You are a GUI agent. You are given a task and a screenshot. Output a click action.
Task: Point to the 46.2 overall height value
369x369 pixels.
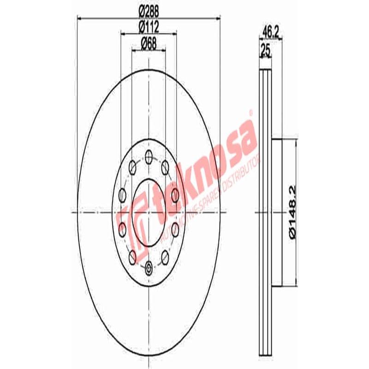click(271, 32)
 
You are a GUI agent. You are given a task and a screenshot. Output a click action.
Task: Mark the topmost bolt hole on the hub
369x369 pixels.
click(148, 157)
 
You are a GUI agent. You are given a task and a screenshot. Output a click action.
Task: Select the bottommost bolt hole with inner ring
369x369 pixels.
click(148, 267)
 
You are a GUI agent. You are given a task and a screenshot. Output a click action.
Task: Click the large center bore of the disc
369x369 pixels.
click(148, 212)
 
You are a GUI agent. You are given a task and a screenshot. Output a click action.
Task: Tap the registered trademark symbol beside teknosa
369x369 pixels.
click(251, 112)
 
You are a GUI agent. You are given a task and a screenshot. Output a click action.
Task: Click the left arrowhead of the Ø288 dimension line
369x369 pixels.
click(79, 18)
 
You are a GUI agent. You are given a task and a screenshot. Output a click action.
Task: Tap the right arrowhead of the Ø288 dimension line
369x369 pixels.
click(217, 18)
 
